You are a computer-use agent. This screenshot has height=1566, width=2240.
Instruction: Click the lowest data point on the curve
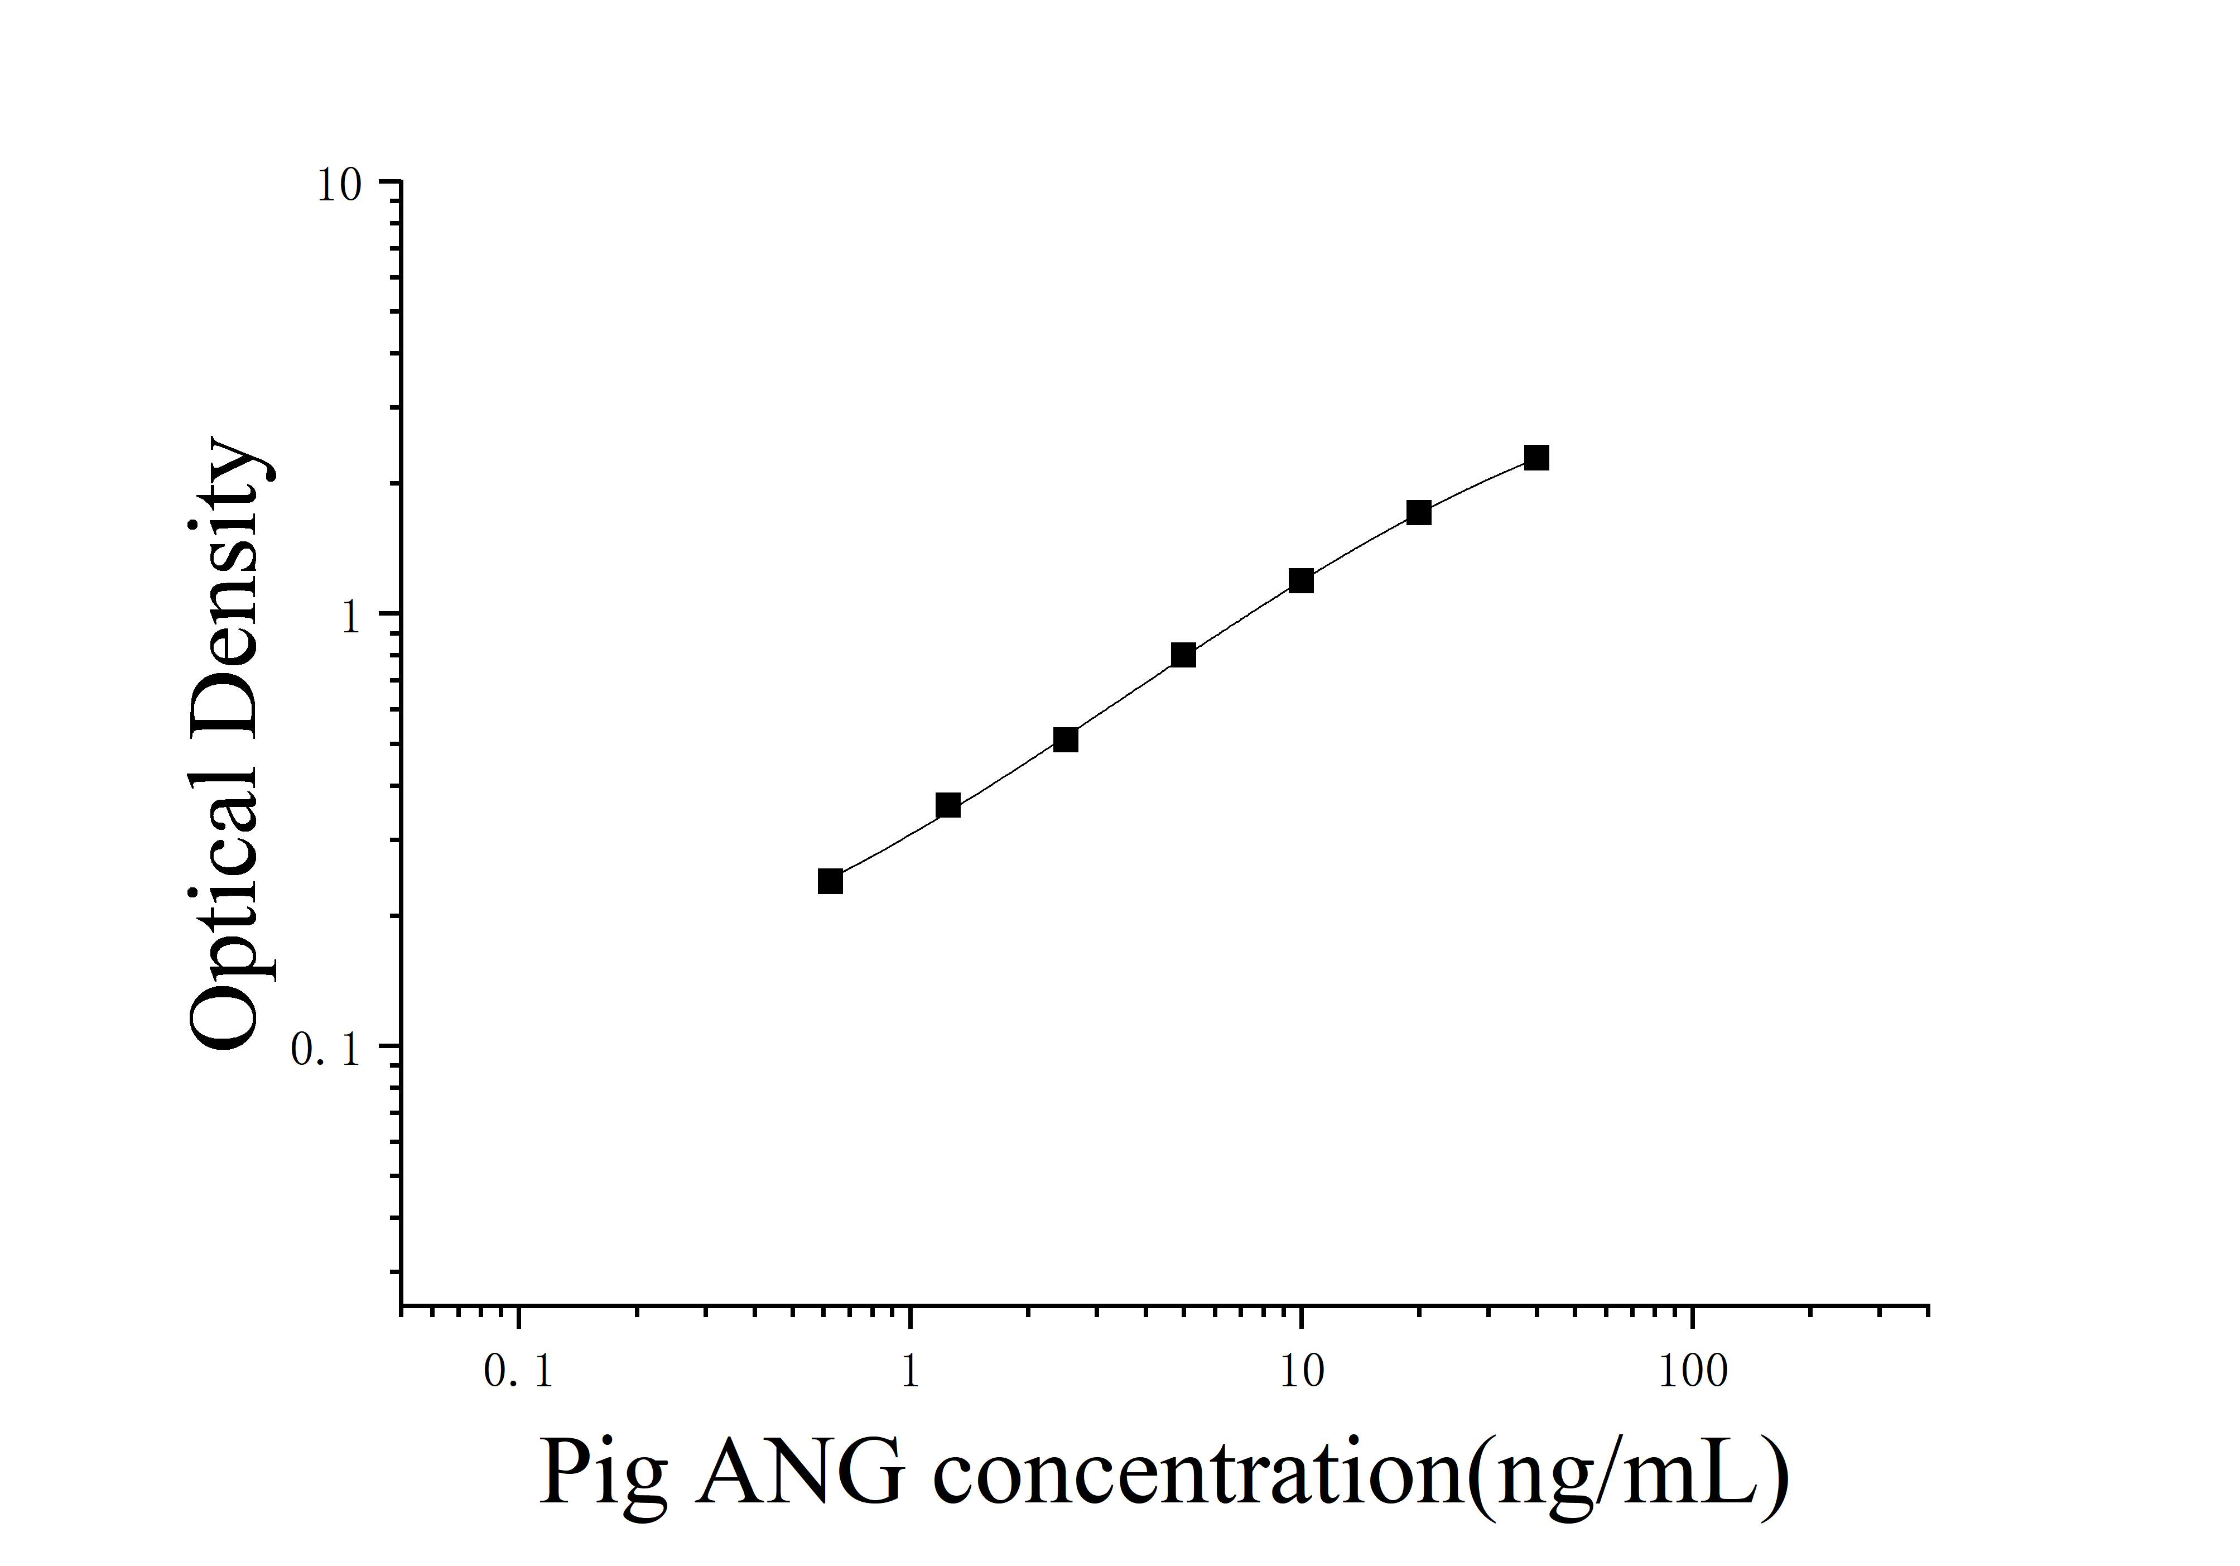click(830, 881)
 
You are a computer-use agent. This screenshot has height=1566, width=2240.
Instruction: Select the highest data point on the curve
click(1536, 458)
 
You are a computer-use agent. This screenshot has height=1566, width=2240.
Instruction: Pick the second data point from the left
click(947, 805)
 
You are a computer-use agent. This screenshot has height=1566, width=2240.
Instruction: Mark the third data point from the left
click(1066, 739)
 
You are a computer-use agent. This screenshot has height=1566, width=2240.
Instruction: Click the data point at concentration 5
click(1183, 655)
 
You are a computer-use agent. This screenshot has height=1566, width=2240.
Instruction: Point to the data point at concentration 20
click(1419, 512)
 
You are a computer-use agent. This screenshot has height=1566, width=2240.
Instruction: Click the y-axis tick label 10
click(339, 185)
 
